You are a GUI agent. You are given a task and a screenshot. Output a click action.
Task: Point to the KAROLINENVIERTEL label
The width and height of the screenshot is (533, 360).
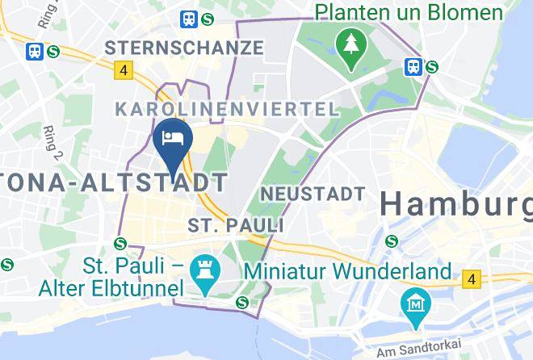[x=226, y=108]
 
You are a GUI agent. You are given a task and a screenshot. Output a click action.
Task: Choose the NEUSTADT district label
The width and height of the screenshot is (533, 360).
[x=313, y=194]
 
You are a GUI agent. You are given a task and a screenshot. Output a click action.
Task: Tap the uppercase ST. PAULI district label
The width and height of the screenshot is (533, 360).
[x=235, y=224]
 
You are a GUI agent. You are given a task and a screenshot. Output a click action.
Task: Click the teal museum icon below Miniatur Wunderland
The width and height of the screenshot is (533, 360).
[x=416, y=304]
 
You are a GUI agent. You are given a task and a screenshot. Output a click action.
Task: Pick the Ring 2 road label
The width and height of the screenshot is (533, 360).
[x=53, y=142]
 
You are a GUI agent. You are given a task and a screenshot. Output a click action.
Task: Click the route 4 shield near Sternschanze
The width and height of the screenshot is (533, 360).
[x=123, y=70]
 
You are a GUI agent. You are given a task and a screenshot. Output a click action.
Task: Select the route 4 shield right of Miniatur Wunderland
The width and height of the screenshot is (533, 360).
[x=470, y=279]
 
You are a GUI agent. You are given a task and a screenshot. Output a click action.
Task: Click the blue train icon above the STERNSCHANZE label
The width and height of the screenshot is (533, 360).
[x=190, y=18]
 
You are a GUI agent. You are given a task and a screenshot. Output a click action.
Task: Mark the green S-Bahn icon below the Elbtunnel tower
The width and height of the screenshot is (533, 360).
[x=241, y=302]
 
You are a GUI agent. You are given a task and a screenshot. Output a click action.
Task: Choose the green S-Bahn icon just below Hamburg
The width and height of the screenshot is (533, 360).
[x=392, y=240]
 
